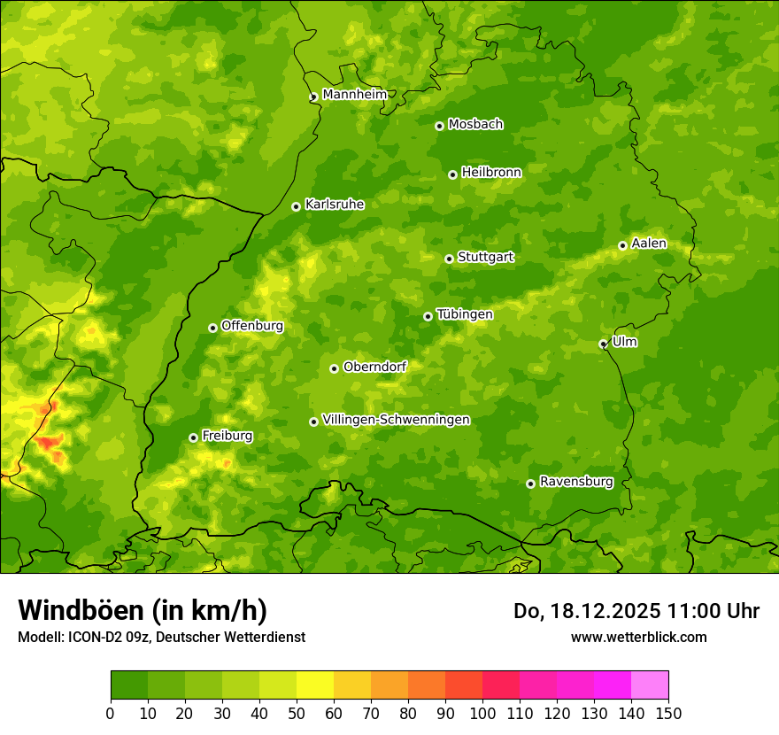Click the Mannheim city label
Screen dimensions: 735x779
tap(354, 95)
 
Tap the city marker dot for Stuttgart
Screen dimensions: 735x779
tap(449, 259)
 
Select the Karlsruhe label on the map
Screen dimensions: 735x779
tap(335, 205)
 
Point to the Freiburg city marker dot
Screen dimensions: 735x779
tap(193, 437)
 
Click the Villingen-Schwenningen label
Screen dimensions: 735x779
tap(396, 420)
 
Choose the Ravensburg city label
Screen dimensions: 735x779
tap(576, 482)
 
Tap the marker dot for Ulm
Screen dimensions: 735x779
tap(603, 344)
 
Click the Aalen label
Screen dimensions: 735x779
tap(649, 244)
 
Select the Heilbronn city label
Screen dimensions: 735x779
tap(491, 173)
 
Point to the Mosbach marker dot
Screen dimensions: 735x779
tap(439, 126)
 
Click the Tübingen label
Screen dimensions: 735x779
tap(465, 314)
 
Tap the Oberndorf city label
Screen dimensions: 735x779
tap(374, 367)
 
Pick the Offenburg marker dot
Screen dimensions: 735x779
tap(212, 328)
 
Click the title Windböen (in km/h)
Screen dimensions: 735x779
tap(143, 610)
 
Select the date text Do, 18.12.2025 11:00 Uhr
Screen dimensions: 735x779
tap(636, 611)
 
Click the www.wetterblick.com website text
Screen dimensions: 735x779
tap(638, 637)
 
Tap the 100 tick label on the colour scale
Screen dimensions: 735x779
tap(482, 713)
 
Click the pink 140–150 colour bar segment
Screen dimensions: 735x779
tap(650, 685)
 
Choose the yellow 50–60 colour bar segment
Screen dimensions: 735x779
tap(315, 685)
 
